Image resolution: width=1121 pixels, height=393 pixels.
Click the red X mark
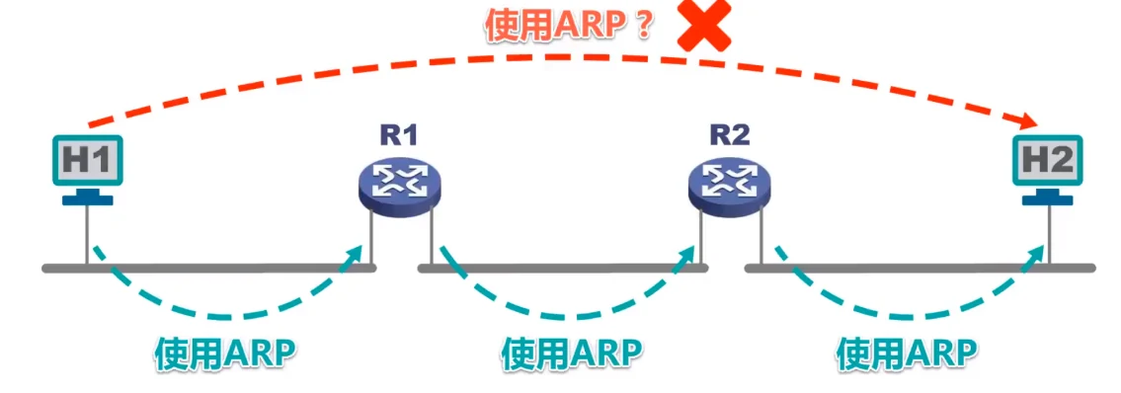pos(703,27)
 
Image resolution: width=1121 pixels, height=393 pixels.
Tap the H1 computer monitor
pos(87,160)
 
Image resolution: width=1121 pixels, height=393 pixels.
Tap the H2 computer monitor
pos(1048,160)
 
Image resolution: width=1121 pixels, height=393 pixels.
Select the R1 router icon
pos(399,184)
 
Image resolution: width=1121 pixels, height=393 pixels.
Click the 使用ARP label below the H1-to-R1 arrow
pos(226,353)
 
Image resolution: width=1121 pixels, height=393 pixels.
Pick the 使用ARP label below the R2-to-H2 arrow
pos(907,353)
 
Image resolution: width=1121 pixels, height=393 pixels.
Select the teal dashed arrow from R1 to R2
pos(567,316)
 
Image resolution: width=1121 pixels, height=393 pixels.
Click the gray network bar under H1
pos(207,268)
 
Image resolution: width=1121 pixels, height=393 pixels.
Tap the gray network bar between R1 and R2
pos(563,268)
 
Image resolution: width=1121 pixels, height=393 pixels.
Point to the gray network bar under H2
pos(919,268)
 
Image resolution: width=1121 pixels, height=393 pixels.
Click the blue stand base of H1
pos(88,199)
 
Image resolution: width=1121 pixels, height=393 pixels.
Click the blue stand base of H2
pos(1048,199)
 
